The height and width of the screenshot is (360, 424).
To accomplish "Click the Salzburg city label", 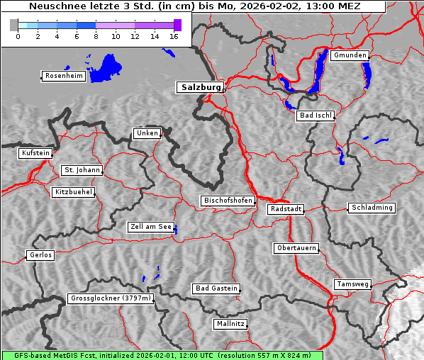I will pyautogui.click(x=200, y=87).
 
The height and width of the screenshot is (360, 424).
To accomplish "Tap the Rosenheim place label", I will pyautogui.click(x=63, y=76).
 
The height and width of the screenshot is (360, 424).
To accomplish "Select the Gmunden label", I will pyautogui.click(x=350, y=55).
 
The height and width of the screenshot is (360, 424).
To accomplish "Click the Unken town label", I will pyautogui.click(x=147, y=133).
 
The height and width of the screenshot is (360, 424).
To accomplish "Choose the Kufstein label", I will pyautogui.click(x=35, y=153).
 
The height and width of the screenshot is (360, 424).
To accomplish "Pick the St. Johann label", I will pyautogui.click(x=82, y=170).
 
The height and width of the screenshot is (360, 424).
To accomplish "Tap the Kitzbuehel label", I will pyautogui.click(x=73, y=192).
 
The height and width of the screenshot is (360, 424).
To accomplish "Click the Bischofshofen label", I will pyautogui.click(x=228, y=201).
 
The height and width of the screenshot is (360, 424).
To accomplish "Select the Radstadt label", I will pyautogui.click(x=286, y=209).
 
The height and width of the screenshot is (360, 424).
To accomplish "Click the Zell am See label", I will pyautogui.click(x=151, y=227).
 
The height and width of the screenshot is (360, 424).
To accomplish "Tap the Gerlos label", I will pyautogui.click(x=40, y=255).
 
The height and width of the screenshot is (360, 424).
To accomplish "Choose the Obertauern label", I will pyautogui.click(x=296, y=248).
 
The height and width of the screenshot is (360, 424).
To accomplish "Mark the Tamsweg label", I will pyautogui.click(x=352, y=284).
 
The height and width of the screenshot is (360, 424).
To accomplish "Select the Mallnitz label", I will pyautogui.click(x=230, y=324).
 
